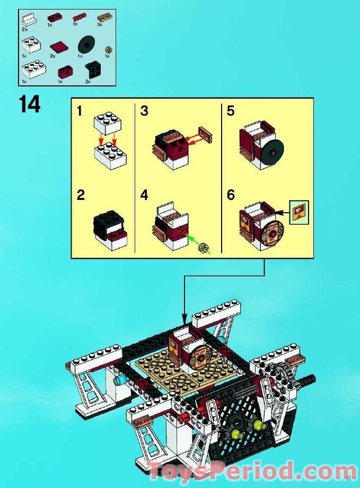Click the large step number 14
29,104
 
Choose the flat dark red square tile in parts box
57,47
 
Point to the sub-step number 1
80,111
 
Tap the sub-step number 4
144,195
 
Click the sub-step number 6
231,195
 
